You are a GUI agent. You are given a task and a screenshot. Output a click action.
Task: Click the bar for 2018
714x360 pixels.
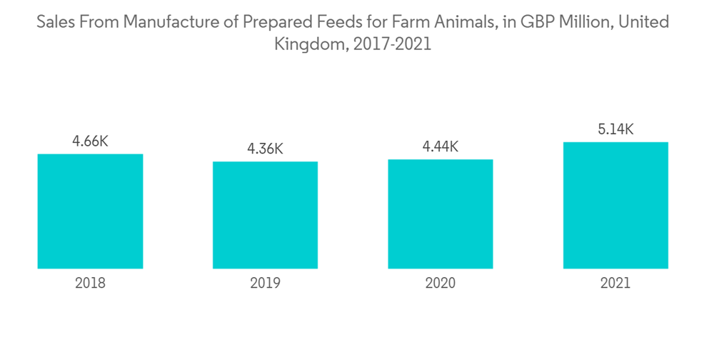pos(90,211)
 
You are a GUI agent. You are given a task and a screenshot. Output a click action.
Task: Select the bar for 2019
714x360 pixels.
pos(265,215)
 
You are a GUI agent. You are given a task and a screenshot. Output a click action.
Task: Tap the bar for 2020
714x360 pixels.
pos(440,214)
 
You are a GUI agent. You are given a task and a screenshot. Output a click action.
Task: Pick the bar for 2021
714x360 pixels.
pos(615,205)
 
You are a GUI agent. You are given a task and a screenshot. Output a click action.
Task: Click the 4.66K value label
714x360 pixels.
pos(90,141)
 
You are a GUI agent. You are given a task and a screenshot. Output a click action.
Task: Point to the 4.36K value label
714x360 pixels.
pos(265,149)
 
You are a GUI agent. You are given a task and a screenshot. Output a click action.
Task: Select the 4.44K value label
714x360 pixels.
pos(440,147)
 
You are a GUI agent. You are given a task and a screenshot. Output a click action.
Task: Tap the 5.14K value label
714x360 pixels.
pos(615,129)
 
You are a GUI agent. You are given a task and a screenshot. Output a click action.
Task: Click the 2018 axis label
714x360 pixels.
pos(90,283)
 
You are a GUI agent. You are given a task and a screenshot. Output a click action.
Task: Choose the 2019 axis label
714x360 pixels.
pos(265,283)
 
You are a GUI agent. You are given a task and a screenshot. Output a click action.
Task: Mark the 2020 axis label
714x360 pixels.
pos(440,283)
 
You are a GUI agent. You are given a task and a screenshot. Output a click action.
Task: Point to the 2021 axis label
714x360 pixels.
pos(615,283)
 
